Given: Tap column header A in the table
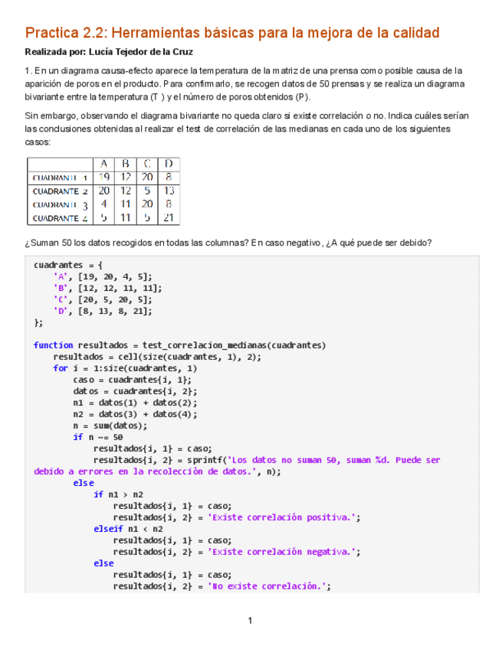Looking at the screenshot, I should (x=104, y=164).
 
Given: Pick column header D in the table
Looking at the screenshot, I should (x=169, y=164).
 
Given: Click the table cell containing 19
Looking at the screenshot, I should (x=104, y=178).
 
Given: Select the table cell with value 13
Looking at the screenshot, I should (x=169, y=191).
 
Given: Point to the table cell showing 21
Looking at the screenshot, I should (x=169, y=218).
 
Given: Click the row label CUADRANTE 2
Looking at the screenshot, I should (x=60, y=191).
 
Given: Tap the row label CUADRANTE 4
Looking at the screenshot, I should (x=60, y=218).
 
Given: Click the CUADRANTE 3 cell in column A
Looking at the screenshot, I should (x=104, y=204).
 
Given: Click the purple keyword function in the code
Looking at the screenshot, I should (x=53, y=345).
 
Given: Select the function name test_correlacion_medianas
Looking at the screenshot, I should (x=206, y=345).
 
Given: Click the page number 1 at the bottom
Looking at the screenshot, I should (x=250, y=620).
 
